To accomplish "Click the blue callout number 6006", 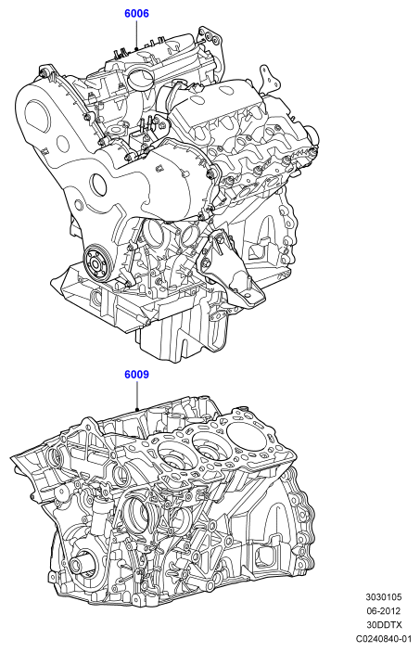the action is (136, 14).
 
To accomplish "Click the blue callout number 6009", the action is (136, 375).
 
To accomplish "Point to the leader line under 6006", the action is (136, 35).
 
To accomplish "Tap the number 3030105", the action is (384, 597).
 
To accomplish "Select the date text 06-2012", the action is (384, 611).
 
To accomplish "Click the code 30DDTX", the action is (384, 624).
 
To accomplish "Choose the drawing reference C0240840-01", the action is (384, 638).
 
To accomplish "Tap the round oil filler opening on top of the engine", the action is (140, 79).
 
